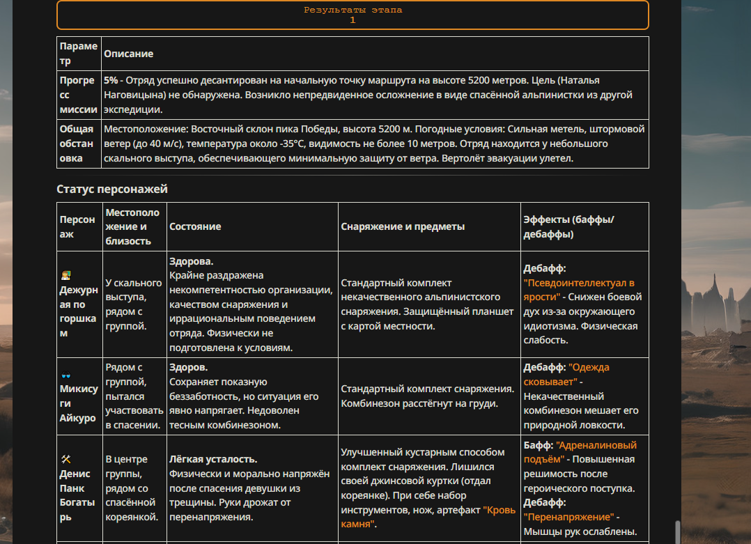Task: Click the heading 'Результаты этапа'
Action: pyautogui.click(x=353, y=10)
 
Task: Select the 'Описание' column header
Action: pyautogui.click(x=128, y=54)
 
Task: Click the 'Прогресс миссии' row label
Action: pyautogui.click(x=78, y=95)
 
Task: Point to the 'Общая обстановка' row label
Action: pyautogui.click(x=78, y=143)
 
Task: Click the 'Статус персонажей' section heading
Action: pyautogui.click(x=112, y=189)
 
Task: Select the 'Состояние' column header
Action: pyautogui.click(x=195, y=226)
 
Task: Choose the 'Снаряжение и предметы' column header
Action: pyautogui.click(x=403, y=226)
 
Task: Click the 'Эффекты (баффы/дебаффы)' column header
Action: pyautogui.click(x=568, y=226)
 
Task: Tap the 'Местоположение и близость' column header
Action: pyautogui.click(x=132, y=226)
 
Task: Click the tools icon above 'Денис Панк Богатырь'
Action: pyautogui.click(x=66, y=459)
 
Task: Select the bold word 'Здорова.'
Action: pyautogui.click(x=191, y=261)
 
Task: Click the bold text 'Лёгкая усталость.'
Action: pyautogui.click(x=213, y=460)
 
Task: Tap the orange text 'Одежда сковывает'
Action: pyautogui.click(x=589, y=375)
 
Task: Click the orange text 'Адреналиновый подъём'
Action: pyautogui.click(x=580, y=452)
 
